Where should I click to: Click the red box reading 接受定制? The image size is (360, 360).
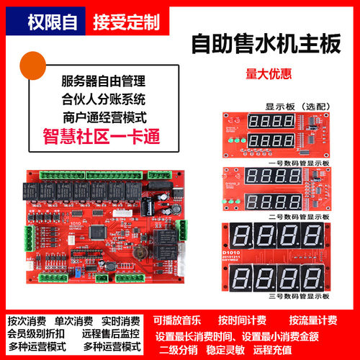pyautogui.click(x=125, y=22)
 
